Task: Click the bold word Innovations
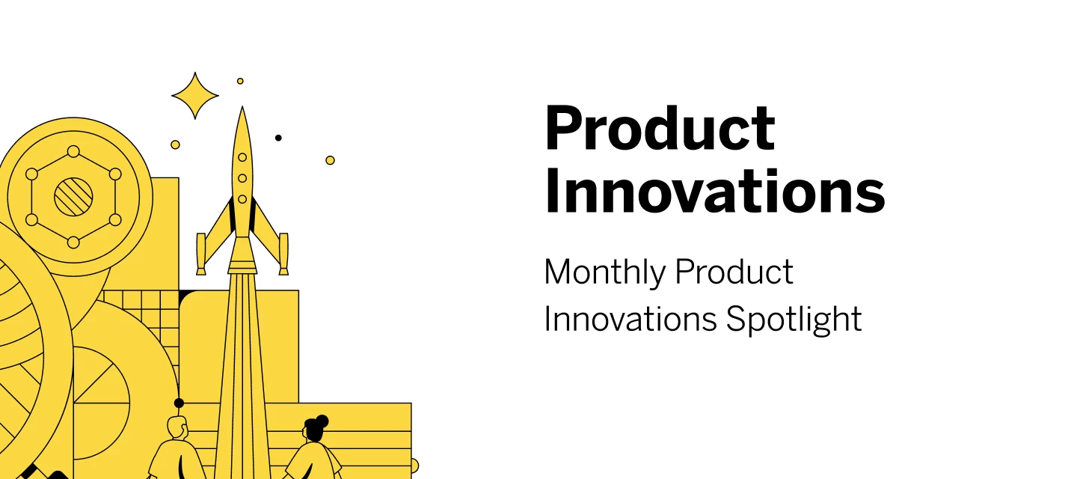click(x=714, y=192)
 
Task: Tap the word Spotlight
click(x=794, y=320)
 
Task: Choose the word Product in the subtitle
click(x=734, y=272)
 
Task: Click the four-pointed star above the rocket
click(x=194, y=95)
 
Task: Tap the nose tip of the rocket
click(x=242, y=107)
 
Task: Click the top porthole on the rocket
click(x=242, y=157)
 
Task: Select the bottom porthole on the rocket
click(x=242, y=199)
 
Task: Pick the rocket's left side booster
click(x=201, y=254)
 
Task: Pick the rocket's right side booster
click(x=283, y=254)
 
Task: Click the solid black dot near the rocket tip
click(x=278, y=138)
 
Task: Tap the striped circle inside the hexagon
click(x=73, y=197)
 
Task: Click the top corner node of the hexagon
click(x=73, y=151)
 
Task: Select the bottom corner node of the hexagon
click(x=73, y=242)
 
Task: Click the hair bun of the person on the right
click(x=322, y=421)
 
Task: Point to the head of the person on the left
click(x=177, y=427)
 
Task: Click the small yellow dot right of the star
click(x=240, y=82)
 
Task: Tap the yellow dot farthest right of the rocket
click(x=330, y=160)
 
